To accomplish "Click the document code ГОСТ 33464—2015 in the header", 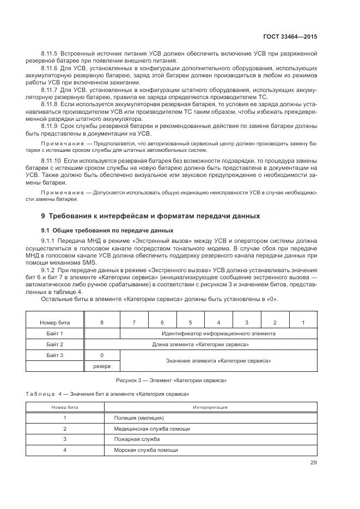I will click(x=290, y=37).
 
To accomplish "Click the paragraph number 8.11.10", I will click(x=53, y=162).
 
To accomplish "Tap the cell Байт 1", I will click(x=55, y=333).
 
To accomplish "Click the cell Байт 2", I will click(x=55, y=344).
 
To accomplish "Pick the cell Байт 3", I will click(x=55, y=355).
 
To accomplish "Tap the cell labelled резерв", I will click(x=102, y=366).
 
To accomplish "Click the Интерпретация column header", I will click(x=210, y=407).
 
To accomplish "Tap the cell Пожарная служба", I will click(x=137, y=438).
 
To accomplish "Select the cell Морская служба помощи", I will click(x=145, y=450).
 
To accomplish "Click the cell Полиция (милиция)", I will click(x=139, y=418).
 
